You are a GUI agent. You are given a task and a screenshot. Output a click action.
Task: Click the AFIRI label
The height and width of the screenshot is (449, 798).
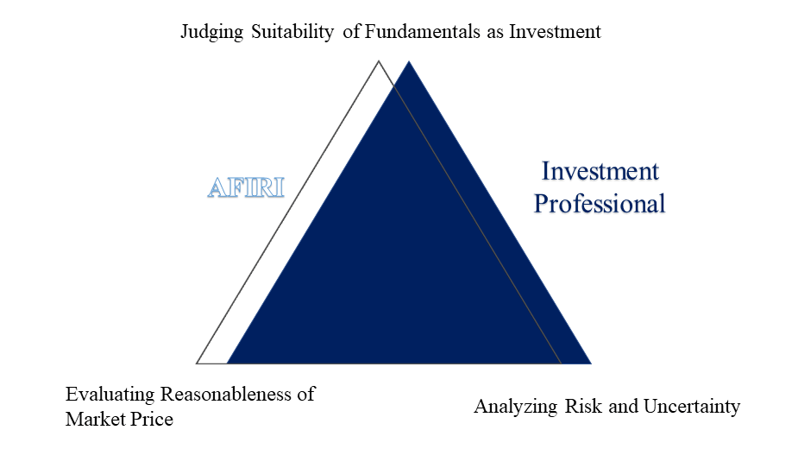246,187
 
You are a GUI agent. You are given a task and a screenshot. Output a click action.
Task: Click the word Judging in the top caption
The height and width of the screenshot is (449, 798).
212,32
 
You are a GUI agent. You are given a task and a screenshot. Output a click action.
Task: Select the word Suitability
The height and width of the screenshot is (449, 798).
292,32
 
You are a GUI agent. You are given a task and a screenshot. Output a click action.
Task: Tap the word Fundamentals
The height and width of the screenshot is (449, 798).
423,31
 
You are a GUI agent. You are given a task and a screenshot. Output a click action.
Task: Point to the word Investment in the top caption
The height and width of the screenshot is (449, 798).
556,31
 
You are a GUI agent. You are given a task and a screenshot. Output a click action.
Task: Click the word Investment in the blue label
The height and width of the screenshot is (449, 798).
600,171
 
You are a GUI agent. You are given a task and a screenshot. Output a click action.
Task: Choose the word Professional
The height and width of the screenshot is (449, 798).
600,204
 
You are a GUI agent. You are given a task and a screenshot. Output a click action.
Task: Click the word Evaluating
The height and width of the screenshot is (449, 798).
110,395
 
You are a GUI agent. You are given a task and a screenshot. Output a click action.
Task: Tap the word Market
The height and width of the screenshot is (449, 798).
95,419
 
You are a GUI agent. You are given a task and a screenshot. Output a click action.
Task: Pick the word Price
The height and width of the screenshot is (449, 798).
152,419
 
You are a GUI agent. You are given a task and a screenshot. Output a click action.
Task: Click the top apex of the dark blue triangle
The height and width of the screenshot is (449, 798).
409,61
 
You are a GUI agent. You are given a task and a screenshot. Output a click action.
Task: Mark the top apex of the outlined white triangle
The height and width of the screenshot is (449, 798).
378,61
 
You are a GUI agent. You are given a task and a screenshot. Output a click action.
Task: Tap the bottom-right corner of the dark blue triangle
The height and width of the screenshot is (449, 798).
591,364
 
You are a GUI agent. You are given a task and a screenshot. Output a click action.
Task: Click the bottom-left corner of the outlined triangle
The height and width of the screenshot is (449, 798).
197,364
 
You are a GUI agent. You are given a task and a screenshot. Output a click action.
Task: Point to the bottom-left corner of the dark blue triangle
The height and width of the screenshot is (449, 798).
228,364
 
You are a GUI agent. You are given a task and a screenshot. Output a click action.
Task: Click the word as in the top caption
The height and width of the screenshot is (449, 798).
495,32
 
